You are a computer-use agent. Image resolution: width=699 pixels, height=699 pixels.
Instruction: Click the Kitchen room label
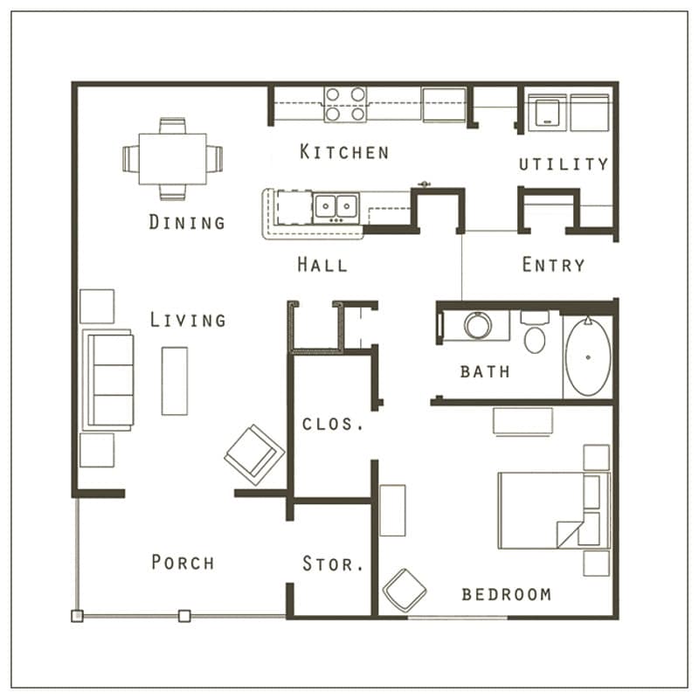[344, 152]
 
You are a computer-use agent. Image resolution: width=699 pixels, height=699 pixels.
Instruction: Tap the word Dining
[187, 222]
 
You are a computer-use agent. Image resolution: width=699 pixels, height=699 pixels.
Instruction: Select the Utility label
[564, 164]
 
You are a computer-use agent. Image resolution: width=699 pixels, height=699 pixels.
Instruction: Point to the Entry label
[553, 265]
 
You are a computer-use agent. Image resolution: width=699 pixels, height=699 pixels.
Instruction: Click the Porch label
[183, 562]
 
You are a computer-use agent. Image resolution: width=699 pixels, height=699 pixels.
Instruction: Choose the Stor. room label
[333, 564]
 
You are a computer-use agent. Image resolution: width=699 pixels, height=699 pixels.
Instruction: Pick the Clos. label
[333, 425]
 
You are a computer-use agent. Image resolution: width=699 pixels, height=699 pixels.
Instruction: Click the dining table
[173, 159]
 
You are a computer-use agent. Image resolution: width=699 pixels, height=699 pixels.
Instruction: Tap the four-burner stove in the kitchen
[345, 104]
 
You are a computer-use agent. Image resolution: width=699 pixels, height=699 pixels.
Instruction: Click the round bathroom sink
[478, 326]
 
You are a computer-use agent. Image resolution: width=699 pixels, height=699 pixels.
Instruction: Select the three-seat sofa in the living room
[107, 380]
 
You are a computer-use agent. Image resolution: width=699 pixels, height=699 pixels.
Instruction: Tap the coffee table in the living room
[174, 381]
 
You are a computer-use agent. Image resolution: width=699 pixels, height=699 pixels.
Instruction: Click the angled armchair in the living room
[254, 454]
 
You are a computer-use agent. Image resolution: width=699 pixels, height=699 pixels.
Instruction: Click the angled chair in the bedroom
[405, 592]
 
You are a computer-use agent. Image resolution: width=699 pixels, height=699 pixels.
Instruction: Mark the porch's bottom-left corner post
[77, 616]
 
